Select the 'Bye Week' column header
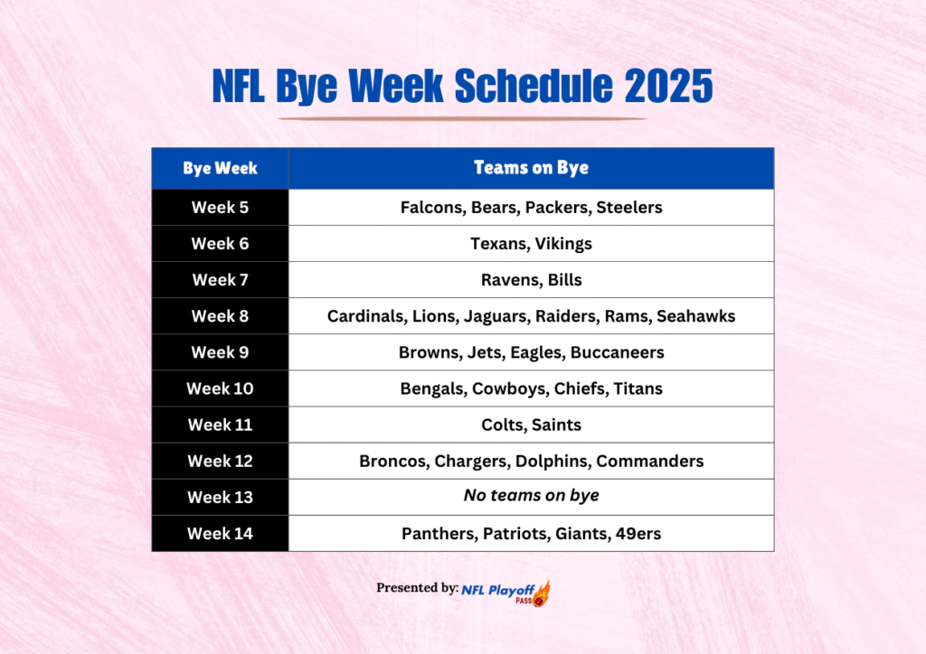[x=220, y=168]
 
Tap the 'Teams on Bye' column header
[x=531, y=168]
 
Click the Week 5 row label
[x=220, y=208]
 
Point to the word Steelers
[x=629, y=208]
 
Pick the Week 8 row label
[x=220, y=316]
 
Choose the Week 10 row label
[x=220, y=388]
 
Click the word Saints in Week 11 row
[x=557, y=425]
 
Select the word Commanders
[x=650, y=461]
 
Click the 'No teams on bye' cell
[x=531, y=496]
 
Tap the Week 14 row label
[x=220, y=533]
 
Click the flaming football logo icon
[x=542, y=593]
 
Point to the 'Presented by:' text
[x=417, y=588]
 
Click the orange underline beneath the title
[x=462, y=118]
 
